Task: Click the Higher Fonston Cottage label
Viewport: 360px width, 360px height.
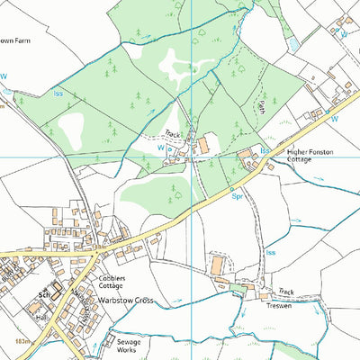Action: pyautogui.click(x=310, y=157)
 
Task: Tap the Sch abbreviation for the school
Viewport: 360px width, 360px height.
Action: pyautogui.click(x=42, y=294)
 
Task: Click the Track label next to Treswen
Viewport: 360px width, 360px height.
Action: pyautogui.click(x=286, y=291)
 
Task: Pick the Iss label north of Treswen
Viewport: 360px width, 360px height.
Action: pyautogui.click(x=270, y=253)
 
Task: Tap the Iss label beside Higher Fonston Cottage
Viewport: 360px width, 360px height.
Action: pyautogui.click(x=265, y=148)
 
